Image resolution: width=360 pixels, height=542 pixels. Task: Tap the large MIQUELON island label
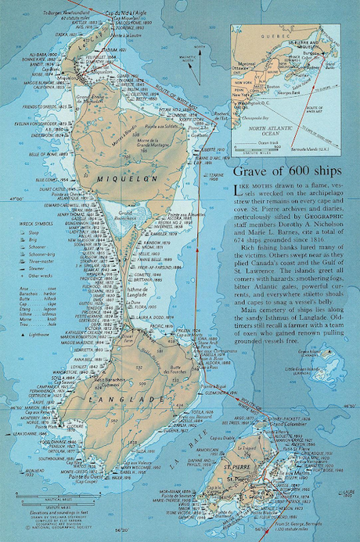click(118, 178)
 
